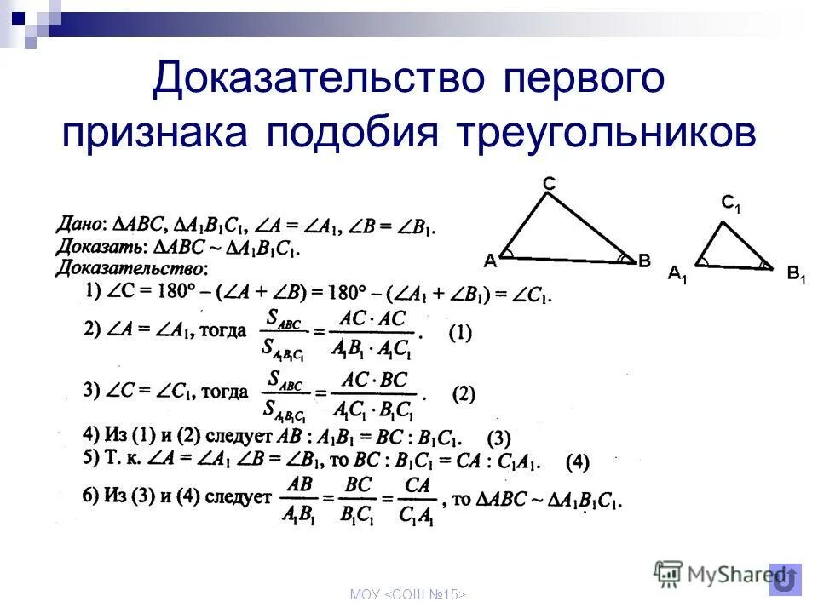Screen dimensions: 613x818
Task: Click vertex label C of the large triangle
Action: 550,183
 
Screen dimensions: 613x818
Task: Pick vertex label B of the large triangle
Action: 644,261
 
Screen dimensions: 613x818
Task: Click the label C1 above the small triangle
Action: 731,204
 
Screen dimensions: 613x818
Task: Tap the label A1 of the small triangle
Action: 677,274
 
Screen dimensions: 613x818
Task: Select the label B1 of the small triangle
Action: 797,274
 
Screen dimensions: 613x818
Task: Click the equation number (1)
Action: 460,335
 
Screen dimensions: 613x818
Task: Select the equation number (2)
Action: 464,394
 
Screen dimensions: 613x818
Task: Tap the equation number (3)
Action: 498,440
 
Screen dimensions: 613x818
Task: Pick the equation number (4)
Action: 578,463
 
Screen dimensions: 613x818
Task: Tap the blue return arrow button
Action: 786,579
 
